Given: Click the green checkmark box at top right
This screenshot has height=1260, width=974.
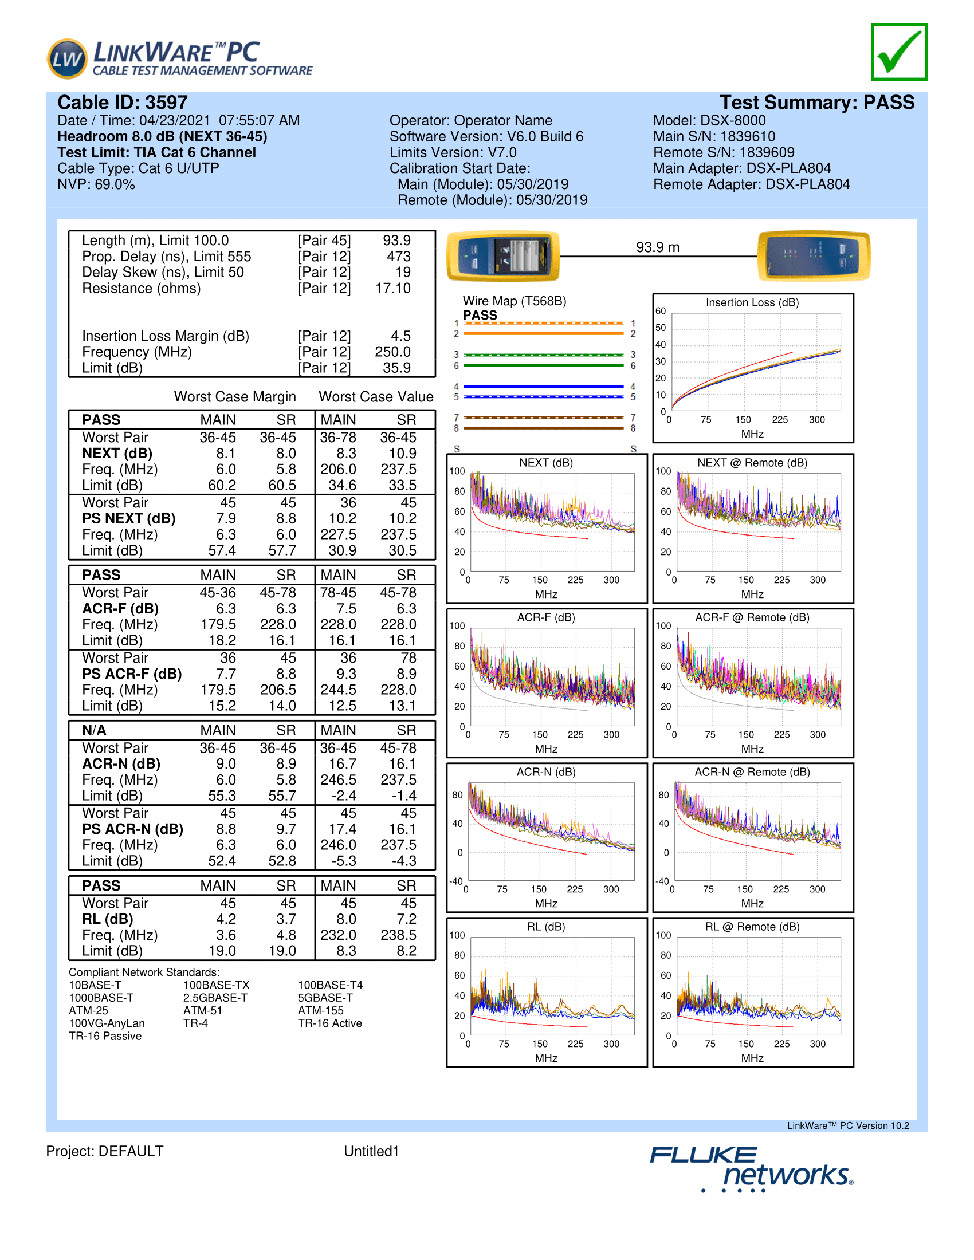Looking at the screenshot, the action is (x=899, y=52).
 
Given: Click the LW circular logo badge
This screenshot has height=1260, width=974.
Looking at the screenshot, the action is (x=67, y=58).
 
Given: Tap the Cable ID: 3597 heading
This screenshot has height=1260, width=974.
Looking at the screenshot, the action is (x=123, y=103).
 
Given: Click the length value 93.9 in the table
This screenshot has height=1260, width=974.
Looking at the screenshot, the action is (x=396, y=241).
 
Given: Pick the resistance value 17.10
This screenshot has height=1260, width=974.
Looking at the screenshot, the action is (x=393, y=289).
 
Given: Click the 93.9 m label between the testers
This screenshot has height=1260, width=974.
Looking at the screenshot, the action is (x=658, y=247).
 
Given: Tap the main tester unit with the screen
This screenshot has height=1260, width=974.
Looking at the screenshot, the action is (x=503, y=255).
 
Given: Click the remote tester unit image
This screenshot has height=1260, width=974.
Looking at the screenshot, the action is (x=814, y=255).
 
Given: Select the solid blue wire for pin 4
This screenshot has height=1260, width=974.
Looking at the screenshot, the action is (x=544, y=387).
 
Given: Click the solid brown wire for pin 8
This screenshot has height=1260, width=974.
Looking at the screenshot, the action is (x=544, y=428).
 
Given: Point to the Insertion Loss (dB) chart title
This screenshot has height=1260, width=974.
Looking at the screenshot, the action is (x=752, y=302).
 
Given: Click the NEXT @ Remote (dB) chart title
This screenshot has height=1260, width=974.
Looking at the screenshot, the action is (x=752, y=463).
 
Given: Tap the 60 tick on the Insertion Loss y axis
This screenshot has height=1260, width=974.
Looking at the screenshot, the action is (x=661, y=311).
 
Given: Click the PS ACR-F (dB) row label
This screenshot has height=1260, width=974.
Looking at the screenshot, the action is (x=132, y=674).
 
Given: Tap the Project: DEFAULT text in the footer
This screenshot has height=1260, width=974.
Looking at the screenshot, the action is (x=105, y=1151).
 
